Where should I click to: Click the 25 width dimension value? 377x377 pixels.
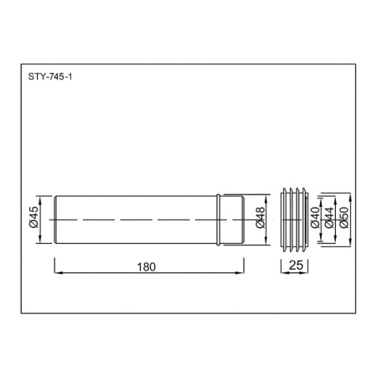(294, 266)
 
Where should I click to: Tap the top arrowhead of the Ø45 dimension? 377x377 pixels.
(42, 199)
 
